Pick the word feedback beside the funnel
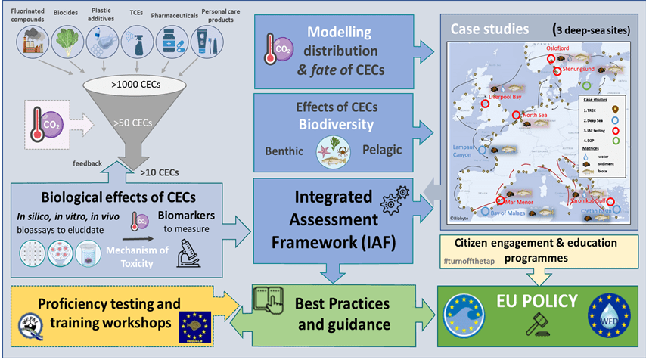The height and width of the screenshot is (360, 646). point(87,163)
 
